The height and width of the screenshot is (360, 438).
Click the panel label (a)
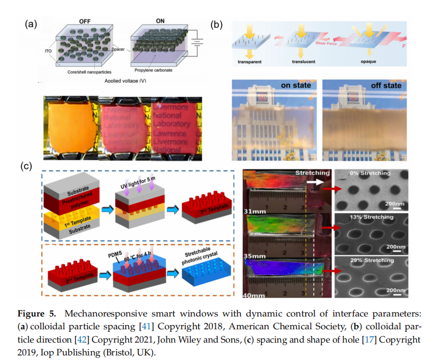pyautogui.click(x=31, y=25)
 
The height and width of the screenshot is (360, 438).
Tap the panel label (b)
pyautogui.click(x=217, y=25)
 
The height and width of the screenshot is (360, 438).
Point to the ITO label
pyautogui.click(x=45, y=51)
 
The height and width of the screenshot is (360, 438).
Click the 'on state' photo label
pyautogui.click(x=295, y=85)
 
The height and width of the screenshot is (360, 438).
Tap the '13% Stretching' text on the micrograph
pyautogui.click(x=373, y=217)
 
